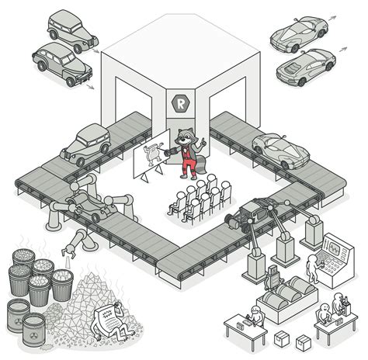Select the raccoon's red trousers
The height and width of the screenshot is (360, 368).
pyautogui.click(x=186, y=164)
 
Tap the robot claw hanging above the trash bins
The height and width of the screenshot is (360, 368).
pyautogui.click(x=69, y=250)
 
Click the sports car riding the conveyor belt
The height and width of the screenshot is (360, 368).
pyautogui.click(x=279, y=146)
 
